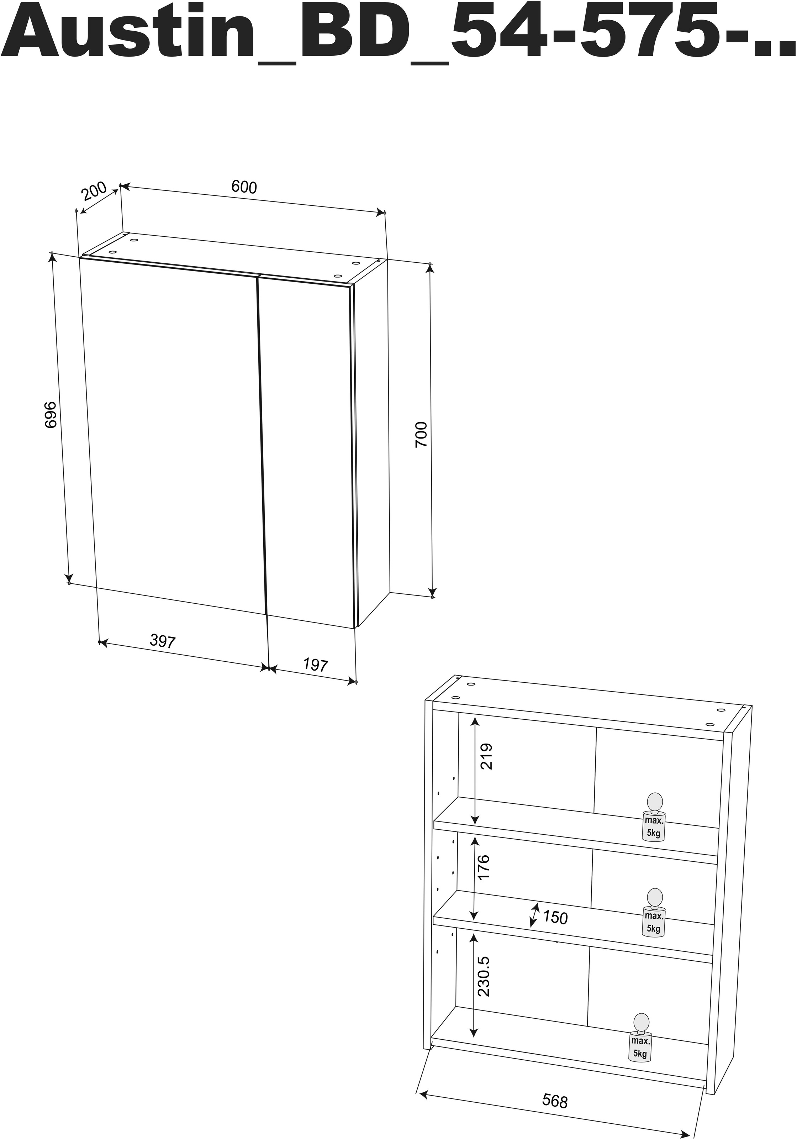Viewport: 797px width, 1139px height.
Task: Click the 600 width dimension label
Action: point(244,187)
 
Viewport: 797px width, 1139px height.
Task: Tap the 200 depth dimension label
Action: point(94,191)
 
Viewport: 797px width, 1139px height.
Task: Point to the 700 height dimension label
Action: point(421,435)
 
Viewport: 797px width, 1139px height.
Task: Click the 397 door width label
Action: point(163,641)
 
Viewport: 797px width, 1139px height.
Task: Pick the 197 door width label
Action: point(316,664)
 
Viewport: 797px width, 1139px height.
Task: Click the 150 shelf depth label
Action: point(555,917)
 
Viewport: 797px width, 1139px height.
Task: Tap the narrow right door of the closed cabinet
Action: point(307,446)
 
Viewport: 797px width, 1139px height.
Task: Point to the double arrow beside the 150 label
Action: point(534,915)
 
